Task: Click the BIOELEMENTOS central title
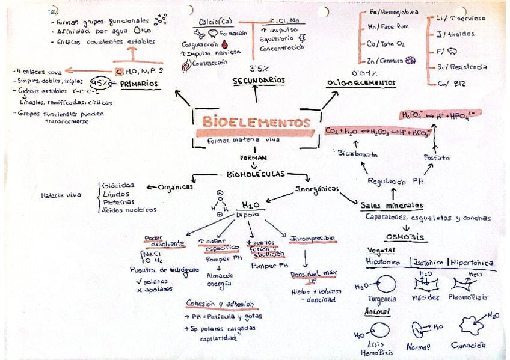(x=256, y=123)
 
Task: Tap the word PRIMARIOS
(x=140, y=84)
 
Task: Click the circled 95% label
(x=100, y=83)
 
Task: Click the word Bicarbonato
(x=357, y=154)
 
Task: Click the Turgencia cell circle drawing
(x=386, y=283)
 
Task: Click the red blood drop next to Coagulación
(x=224, y=44)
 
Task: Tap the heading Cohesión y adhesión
(x=220, y=304)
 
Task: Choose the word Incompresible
(x=312, y=239)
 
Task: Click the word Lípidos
(x=115, y=194)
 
